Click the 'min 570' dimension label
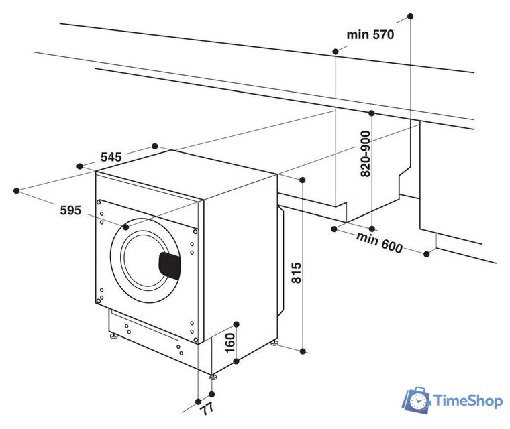tap(370, 34)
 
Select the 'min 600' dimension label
tap(379, 243)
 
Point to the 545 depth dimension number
tap(111, 157)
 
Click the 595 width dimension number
tap(70, 210)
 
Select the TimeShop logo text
tap(468, 401)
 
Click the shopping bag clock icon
tap(416, 400)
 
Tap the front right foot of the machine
tap(213, 376)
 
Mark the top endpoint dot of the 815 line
tap(303, 180)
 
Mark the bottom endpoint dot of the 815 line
tap(303, 351)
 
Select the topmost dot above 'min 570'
tap(411, 15)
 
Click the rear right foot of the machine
tap(274, 344)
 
